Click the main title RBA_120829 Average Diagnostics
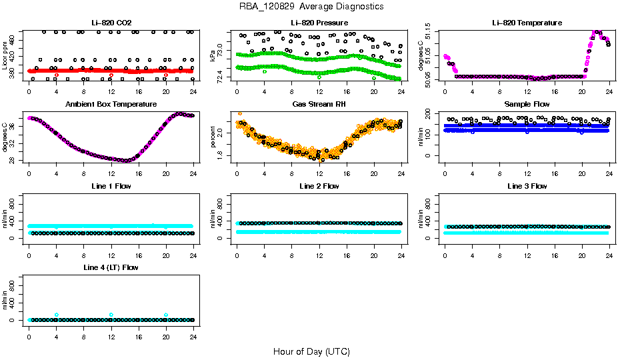point(311,7)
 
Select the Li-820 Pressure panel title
point(319,23)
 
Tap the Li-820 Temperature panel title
point(527,23)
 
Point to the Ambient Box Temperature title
point(111,105)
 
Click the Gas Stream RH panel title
point(319,105)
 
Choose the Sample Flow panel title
point(527,105)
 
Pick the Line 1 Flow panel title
point(111,186)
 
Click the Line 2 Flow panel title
point(319,186)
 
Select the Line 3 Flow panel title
point(527,186)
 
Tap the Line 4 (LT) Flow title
point(111,267)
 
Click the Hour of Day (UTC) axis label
point(311,351)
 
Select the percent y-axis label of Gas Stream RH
point(213,137)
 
